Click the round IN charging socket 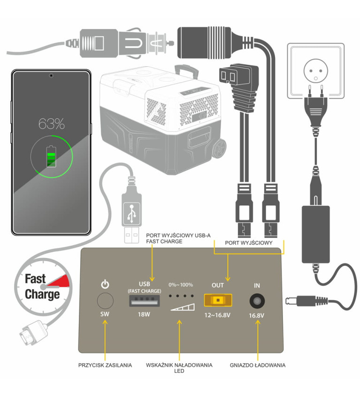click(256, 300)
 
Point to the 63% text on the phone click(51, 125)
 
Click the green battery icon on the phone click(51, 156)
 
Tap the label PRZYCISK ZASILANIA click(105, 365)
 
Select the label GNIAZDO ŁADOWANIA click(257, 365)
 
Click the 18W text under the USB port click(144, 314)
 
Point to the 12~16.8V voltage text click(217, 314)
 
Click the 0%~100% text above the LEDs click(181, 285)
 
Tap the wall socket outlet click(315, 70)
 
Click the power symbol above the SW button click(105, 284)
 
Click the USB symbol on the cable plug click(132, 213)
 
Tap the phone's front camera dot click(51, 76)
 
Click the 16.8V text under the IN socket click(257, 315)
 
